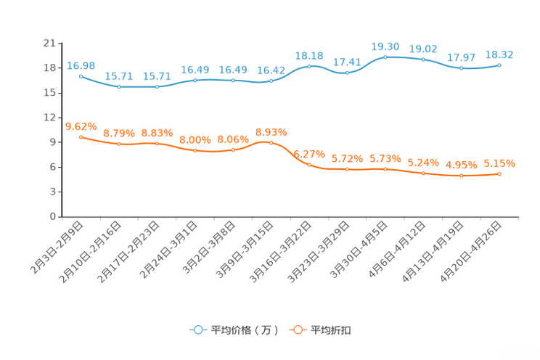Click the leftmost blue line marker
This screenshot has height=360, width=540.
81,75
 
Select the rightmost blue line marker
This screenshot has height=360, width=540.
499,65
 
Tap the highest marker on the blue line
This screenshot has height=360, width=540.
385,56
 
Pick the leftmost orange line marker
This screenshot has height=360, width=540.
81,136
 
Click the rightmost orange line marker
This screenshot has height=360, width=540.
499,173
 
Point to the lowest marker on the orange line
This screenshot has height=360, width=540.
461,175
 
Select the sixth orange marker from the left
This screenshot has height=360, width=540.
271,143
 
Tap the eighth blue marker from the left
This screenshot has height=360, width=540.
347,73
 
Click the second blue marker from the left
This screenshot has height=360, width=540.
119,86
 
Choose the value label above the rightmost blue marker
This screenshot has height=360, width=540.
499,54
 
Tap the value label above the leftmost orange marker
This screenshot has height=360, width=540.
81,126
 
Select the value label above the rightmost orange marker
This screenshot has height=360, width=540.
499,163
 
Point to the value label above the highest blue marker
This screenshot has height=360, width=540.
385,46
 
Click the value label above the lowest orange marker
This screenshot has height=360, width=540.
461,164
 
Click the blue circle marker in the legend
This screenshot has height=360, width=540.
196,330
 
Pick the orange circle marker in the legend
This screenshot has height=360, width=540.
297,330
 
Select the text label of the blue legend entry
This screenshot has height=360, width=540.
244,330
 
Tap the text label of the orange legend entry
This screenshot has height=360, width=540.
331,330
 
